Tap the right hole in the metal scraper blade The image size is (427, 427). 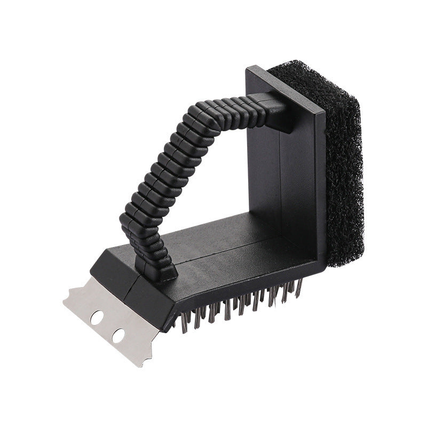118,336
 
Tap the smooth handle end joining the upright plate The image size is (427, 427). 278,109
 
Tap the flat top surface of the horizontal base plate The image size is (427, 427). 213,240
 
